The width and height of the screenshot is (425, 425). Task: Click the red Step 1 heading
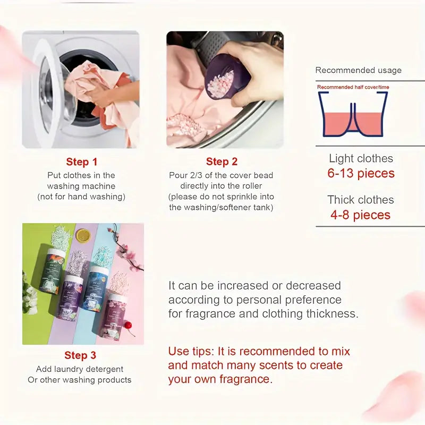pos(81,162)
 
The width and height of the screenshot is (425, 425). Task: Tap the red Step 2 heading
pos(222,162)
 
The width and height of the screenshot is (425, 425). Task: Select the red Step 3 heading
pos(80,355)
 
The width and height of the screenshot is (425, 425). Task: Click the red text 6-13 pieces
pos(361,174)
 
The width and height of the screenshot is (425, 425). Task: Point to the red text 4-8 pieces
pos(361,215)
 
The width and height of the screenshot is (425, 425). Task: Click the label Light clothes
pos(361,158)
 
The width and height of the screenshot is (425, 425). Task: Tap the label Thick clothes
pos(361,200)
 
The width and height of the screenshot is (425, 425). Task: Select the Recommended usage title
pos(359,70)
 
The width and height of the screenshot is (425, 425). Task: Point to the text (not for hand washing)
pos(81,197)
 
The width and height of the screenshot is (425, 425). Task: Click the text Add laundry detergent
pos(80,369)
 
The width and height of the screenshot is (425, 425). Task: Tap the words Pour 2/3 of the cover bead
pos(222,175)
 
